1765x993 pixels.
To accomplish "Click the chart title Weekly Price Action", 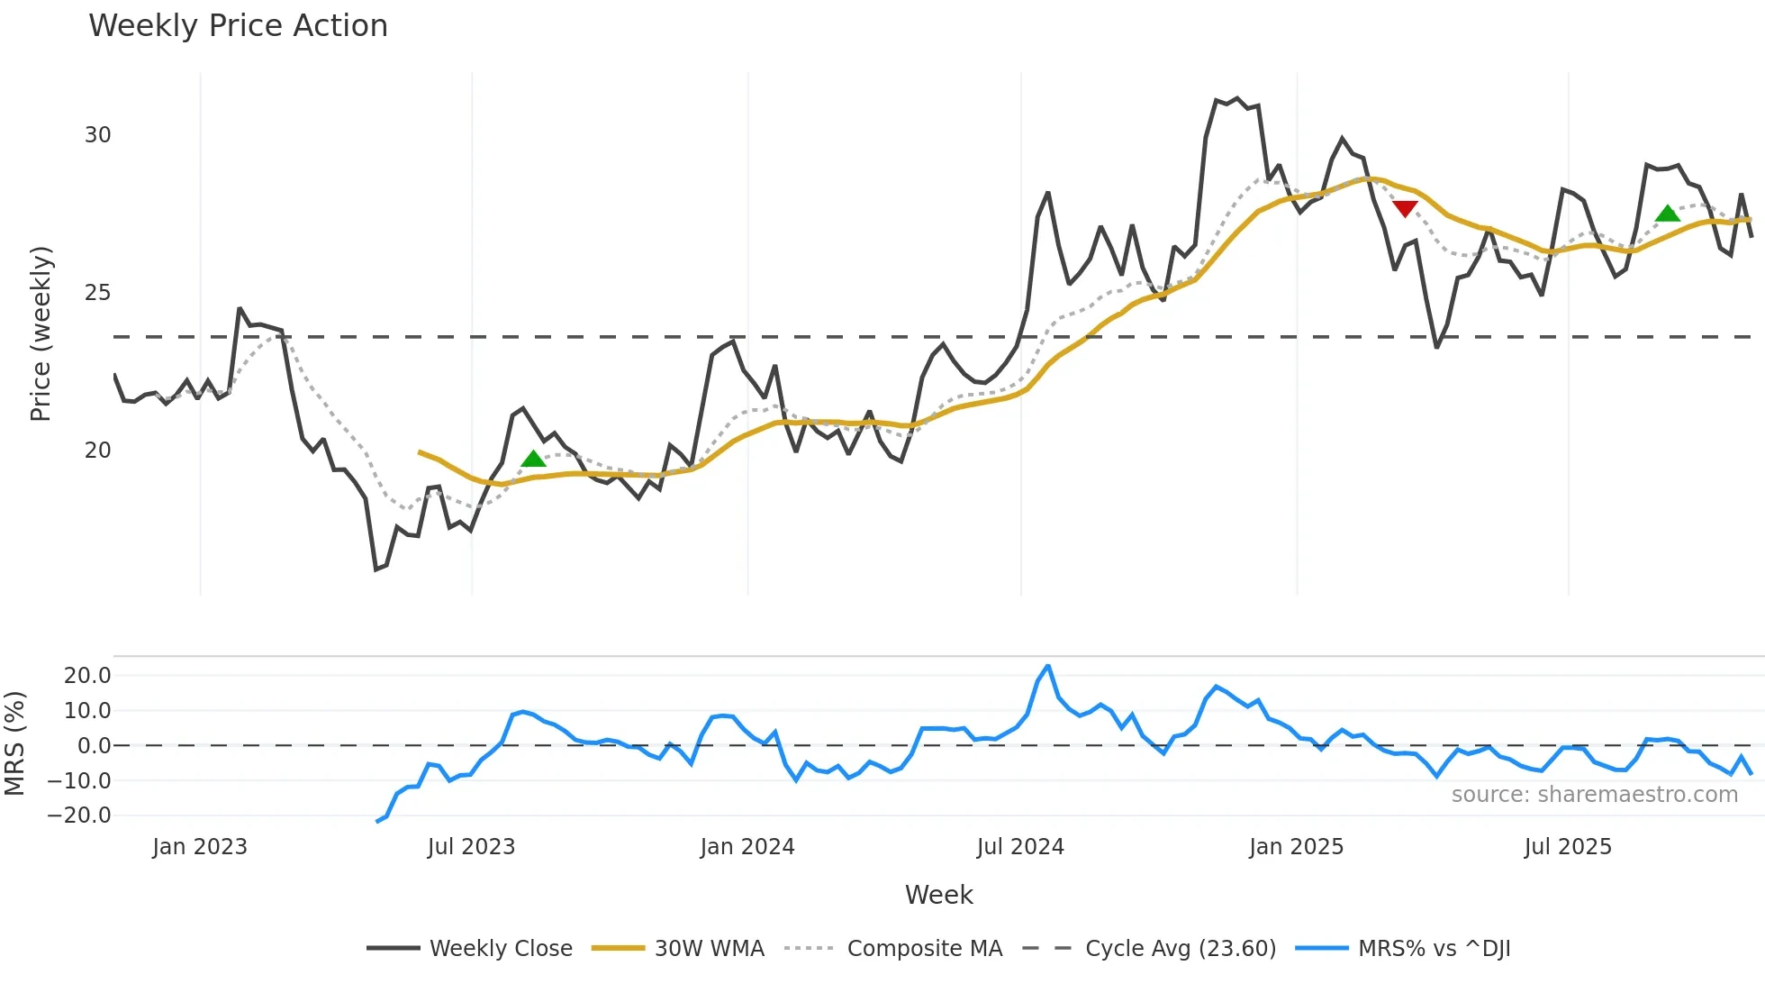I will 238,26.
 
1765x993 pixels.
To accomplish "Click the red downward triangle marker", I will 1405,209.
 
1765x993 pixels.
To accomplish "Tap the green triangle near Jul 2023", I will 533,459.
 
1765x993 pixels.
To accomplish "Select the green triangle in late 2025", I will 1667,214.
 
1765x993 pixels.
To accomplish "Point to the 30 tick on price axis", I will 97,135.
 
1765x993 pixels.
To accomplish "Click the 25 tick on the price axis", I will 97,293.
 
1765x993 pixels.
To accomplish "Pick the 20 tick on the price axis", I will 97,451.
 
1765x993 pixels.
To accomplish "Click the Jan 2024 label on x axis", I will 747,847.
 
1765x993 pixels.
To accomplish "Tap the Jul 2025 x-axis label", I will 1567,847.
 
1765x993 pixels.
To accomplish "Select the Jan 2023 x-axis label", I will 199,847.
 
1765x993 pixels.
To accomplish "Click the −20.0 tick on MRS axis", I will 79,815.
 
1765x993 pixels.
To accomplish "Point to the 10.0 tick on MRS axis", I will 87,710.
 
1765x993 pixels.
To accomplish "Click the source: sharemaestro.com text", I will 1594,795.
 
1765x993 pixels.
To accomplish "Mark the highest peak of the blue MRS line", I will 1047,667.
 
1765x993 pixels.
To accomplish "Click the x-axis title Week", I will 938,895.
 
